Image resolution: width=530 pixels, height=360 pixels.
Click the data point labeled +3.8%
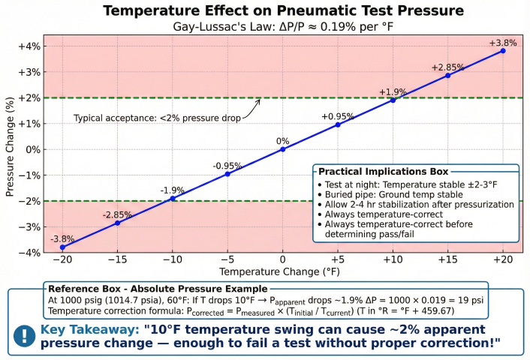click(503, 50)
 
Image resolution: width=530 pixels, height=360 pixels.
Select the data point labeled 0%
click(283, 149)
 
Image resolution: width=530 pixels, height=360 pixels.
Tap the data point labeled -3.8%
click(62, 247)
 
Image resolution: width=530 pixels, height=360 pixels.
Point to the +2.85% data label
click(447, 67)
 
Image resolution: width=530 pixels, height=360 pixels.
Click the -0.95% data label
click(227, 165)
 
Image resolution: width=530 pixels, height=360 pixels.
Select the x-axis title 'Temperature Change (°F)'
click(283, 271)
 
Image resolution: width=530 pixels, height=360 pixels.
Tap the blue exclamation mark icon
click(25, 336)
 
